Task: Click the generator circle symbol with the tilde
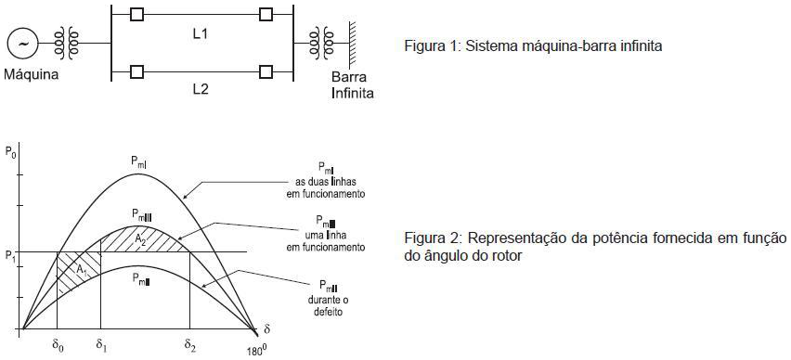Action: pos(21,44)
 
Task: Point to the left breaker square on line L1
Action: pos(137,15)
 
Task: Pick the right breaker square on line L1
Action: pos(266,15)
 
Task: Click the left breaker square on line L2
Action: pos(137,71)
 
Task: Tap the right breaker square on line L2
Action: pos(266,71)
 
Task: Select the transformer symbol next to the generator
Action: pos(64,44)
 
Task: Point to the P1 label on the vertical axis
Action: pos(8,256)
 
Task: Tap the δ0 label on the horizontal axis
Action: pos(58,350)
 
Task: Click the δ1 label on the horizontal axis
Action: pos(100,350)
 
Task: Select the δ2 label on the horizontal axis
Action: pos(190,350)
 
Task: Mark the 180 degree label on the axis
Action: pos(255,352)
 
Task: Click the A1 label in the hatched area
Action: pos(82,271)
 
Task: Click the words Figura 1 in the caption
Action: pos(426,45)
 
